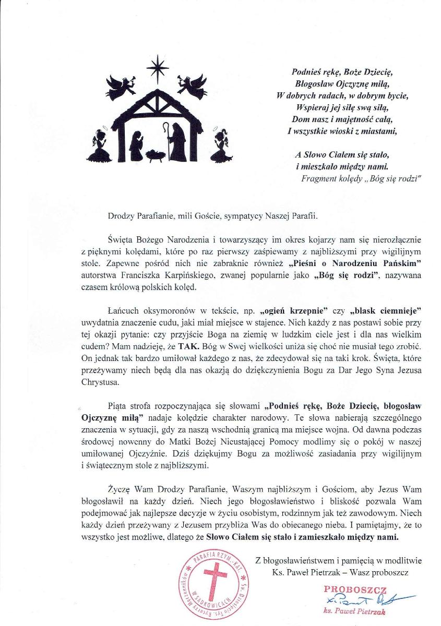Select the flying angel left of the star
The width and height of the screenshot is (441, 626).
pyautogui.click(x=121, y=85)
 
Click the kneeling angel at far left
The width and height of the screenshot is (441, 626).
pyautogui.click(x=99, y=147)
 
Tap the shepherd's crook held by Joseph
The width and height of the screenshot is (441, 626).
pyautogui.click(x=165, y=138)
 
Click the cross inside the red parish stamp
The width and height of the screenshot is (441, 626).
pyautogui.click(x=211, y=582)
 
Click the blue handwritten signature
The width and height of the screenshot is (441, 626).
pyautogui.click(x=365, y=599)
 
